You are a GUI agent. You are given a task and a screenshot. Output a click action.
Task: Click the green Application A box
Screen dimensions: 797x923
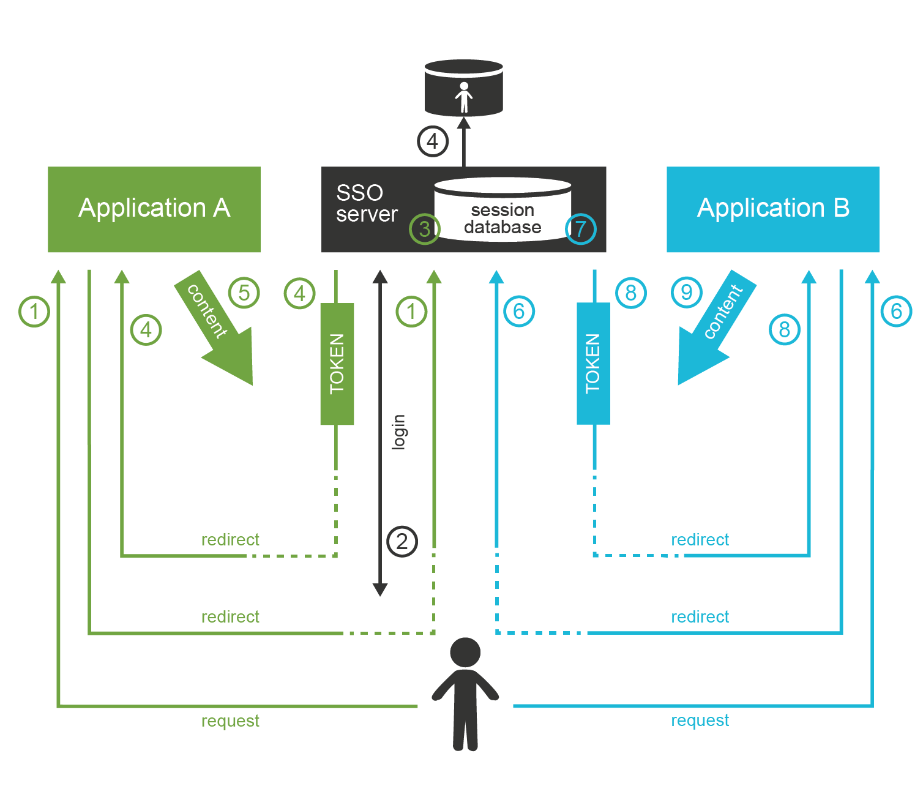pos(154,209)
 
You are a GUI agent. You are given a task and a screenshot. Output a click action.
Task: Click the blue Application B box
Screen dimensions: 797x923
pos(772,209)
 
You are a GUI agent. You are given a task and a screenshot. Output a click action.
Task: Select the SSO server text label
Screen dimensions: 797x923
pos(366,203)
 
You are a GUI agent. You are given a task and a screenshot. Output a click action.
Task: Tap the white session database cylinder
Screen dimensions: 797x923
pos(503,211)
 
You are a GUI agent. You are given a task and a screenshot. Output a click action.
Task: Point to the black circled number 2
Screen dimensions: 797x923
pos(402,541)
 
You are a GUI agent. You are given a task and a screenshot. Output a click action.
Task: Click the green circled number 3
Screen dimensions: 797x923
pos(424,230)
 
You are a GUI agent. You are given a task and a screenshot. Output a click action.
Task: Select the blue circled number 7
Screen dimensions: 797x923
pos(580,230)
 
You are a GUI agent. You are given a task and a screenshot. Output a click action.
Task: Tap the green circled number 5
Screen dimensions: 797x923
pos(244,293)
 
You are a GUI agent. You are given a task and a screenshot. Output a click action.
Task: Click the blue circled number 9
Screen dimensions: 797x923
pos(687,293)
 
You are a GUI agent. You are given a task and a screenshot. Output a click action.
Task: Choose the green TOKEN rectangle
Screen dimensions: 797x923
pos(337,364)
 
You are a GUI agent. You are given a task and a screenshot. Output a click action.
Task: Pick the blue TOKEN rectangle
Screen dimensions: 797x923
pos(593,364)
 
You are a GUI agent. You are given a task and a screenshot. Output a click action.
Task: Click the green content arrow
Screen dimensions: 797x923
pos(217,331)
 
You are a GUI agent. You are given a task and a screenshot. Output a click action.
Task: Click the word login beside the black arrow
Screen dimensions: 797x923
pos(399,432)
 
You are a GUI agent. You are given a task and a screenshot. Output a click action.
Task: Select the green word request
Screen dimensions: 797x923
pos(230,721)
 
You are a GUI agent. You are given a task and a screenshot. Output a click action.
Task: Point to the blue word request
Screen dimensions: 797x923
pos(700,720)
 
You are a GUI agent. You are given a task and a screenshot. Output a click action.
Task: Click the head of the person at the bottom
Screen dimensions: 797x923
pos(465,653)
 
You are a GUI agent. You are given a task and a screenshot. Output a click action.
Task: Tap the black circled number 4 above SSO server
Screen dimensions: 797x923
pos(433,141)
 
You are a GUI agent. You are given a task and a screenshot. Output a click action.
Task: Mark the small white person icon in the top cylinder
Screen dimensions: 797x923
pos(464,97)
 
